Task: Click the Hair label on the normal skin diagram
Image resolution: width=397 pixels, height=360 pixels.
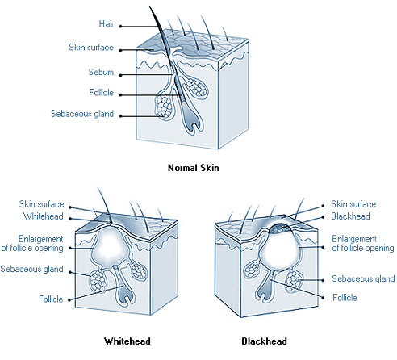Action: [x=107, y=24]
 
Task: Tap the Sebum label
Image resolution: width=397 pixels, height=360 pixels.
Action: [x=101, y=72]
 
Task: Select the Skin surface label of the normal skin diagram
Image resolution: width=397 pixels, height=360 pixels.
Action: [x=91, y=48]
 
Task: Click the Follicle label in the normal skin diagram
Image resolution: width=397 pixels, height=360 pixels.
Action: [x=101, y=93]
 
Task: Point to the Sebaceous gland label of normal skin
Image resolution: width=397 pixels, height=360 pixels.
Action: [x=82, y=114]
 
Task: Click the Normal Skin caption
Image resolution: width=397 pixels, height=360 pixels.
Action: [x=194, y=168]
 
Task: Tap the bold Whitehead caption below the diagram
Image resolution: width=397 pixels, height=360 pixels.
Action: [x=127, y=341]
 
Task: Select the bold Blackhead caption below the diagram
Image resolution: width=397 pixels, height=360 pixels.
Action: [x=264, y=341]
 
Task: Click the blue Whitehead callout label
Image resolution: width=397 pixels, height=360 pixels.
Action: [x=44, y=216]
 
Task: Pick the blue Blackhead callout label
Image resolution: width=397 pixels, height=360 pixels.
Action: [x=350, y=216]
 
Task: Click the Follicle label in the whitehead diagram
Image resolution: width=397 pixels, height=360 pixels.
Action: [x=51, y=299]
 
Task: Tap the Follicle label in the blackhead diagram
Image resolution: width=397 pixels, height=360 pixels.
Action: [x=345, y=298]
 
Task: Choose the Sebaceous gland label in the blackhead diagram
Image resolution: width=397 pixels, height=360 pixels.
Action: [x=363, y=278]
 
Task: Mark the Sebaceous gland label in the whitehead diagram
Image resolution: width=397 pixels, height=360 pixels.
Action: [x=31, y=269]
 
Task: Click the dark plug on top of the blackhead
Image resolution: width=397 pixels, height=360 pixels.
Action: [x=281, y=228]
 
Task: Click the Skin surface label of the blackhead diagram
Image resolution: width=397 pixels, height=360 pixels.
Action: [x=353, y=204]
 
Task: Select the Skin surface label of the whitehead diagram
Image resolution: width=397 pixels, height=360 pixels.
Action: [x=41, y=204]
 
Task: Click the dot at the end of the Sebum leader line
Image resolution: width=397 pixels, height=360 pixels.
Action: [x=121, y=75]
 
